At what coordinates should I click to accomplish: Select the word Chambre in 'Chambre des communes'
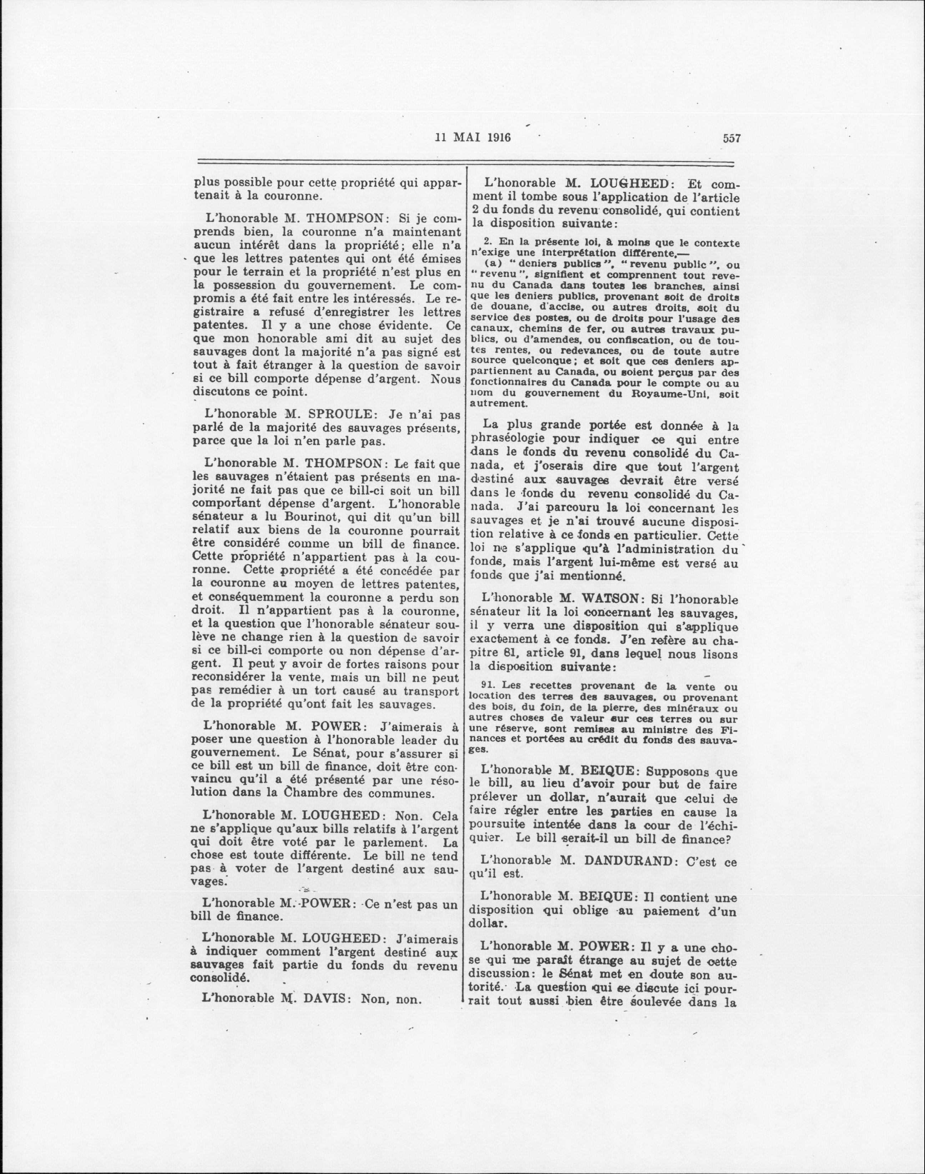click(x=309, y=794)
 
